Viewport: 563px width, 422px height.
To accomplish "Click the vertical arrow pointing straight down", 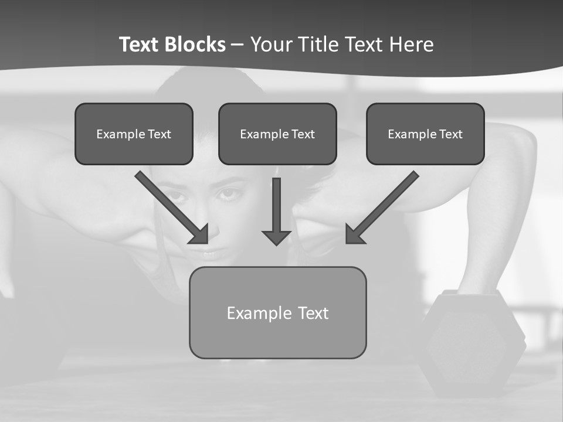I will point(276,211).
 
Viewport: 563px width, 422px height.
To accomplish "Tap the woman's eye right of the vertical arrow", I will point(230,194).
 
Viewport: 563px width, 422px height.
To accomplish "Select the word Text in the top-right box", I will point(450,134).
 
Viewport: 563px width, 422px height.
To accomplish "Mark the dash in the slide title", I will point(238,45).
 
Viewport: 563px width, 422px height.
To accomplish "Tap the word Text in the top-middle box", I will point(303,134).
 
